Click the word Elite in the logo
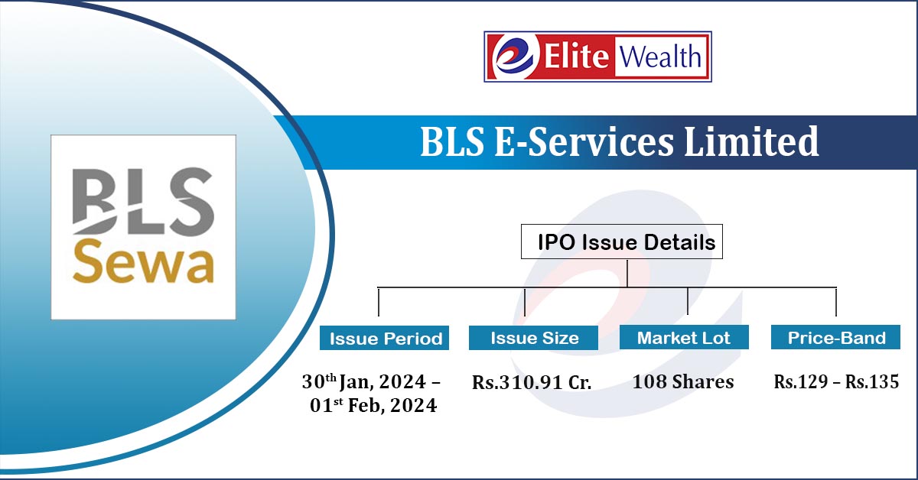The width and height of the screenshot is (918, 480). pos(576,56)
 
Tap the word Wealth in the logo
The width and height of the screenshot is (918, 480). pos(660,57)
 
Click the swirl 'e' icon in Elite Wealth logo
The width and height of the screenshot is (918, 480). pos(515,57)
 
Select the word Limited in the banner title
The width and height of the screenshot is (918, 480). pos(751,141)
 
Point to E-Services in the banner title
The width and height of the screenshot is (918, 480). pos(584,141)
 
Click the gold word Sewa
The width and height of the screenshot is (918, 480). pos(144,262)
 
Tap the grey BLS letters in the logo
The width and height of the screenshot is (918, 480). pos(144,202)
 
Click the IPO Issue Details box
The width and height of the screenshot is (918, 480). pos(622,242)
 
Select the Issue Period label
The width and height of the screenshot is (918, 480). pos(384,338)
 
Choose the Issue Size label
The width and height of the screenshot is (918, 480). pos(534,338)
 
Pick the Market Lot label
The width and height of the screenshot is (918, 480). pos(684,337)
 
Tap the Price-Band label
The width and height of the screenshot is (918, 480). pos(835,337)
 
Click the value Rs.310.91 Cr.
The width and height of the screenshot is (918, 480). pos(532,382)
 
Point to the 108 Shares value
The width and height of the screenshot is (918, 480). pos(682,381)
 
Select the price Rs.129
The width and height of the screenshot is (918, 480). pos(800,381)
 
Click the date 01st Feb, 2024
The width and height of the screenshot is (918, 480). pos(373,405)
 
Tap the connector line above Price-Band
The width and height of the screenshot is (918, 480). pos(836,302)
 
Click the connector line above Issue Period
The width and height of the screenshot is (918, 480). pos(379,302)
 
